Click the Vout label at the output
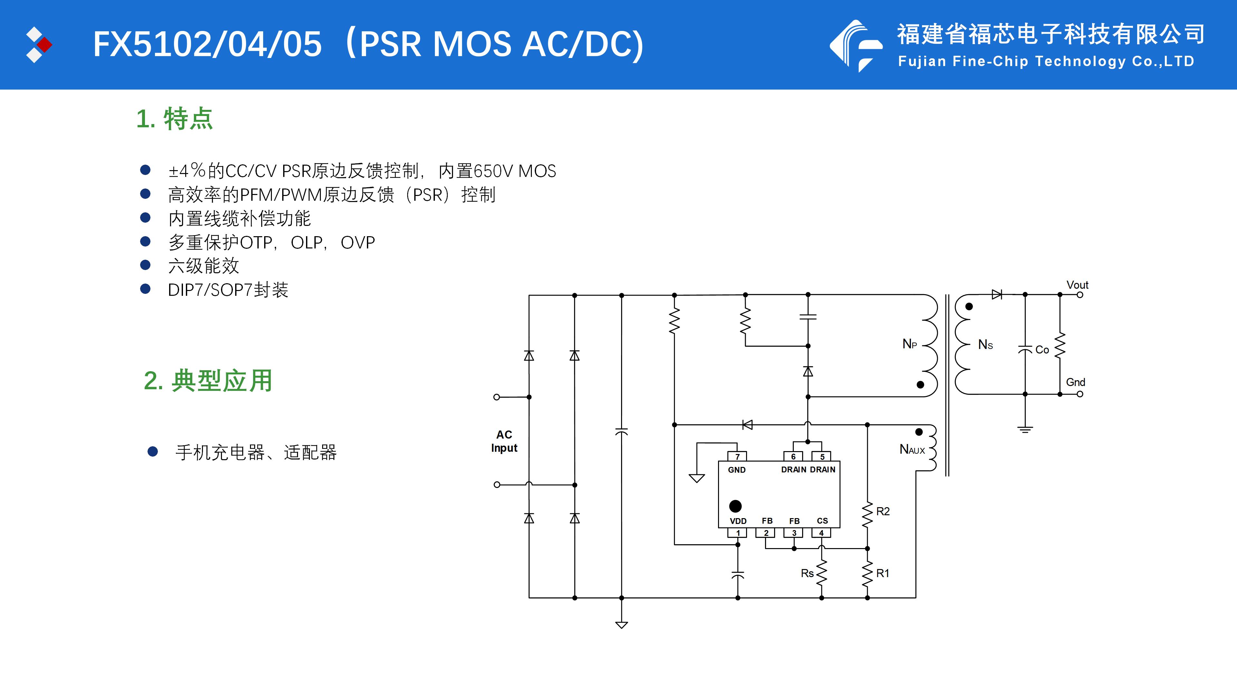[x=1077, y=285]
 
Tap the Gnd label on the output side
[x=1075, y=382]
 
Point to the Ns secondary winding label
[x=985, y=344]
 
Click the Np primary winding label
[x=909, y=344]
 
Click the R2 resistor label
[x=883, y=512]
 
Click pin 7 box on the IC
[x=737, y=456]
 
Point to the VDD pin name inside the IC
[x=738, y=521]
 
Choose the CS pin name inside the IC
[x=822, y=521]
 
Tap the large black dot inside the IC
[x=735, y=506]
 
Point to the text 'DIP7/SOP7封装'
[x=228, y=290]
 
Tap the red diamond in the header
[x=45, y=45]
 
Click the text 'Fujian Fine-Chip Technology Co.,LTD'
[x=1046, y=62]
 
